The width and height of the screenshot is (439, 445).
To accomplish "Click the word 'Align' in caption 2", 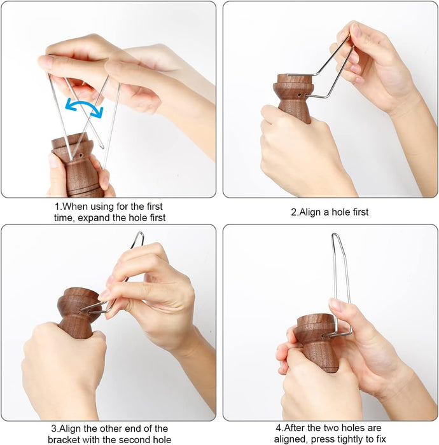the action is click(310, 212).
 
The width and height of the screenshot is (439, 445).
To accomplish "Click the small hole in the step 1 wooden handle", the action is click(81, 155).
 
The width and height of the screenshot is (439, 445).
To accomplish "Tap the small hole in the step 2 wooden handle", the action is click(300, 95).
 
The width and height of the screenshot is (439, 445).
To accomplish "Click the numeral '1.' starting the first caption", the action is click(58, 207).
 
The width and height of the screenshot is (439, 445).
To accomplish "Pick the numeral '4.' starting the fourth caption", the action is click(279, 428).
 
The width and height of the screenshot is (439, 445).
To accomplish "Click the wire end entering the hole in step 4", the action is click(324, 336).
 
